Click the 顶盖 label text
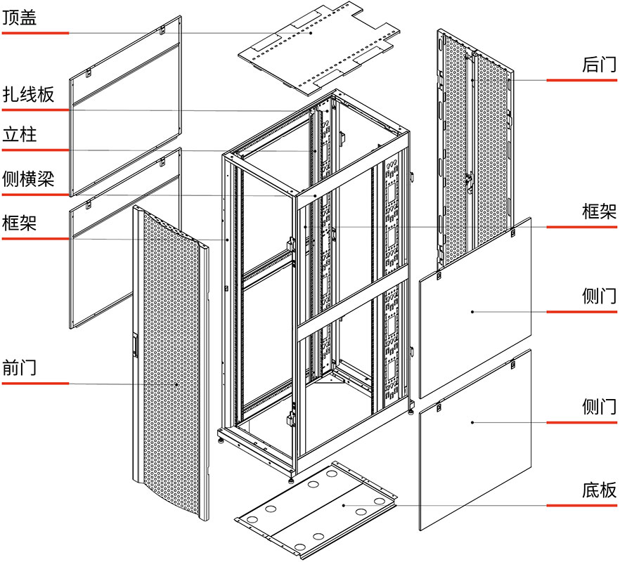[x=20, y=18]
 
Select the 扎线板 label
[x=28, y=94]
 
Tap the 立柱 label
[x=20, y=134]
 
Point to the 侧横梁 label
[x=28, y=178]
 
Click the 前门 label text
[x=20, y=367]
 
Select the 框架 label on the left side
[x=20, y=223]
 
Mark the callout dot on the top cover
[x=309, y=32]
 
